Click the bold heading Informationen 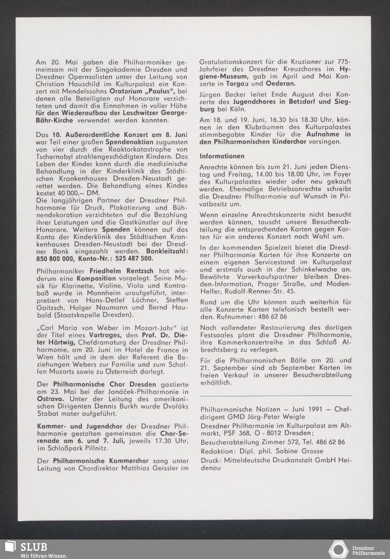(222, 156)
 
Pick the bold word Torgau (234, 84)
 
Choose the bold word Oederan (281, 84)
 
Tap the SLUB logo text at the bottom (34, 547)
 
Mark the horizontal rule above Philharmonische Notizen (275, 396)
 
